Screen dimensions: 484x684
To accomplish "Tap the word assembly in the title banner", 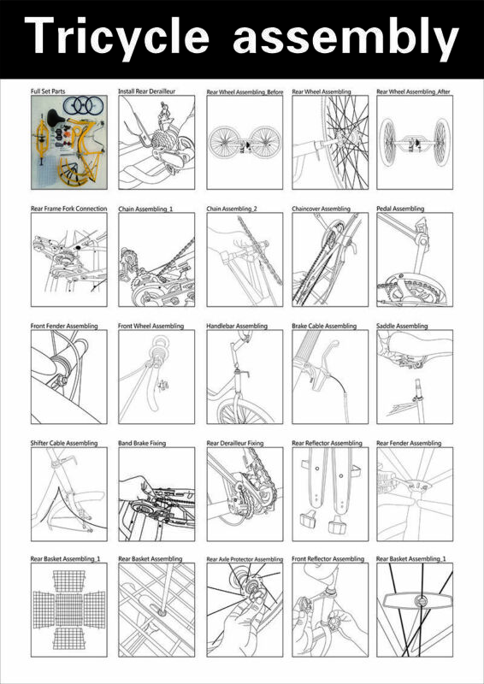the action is pyautogui.click(x=345, y=35).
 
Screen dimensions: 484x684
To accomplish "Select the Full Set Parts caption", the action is pyautogui.click(x=48, y=91).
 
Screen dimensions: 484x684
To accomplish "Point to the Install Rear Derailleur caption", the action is pyautogui.click(x=146, y=91).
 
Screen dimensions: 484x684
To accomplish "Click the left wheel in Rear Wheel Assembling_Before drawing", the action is pyautogui.click(x=225, y=142).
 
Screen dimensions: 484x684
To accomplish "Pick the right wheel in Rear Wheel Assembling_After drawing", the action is pyautogui.click(x=441, y=142).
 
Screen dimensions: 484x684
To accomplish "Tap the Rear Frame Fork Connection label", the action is pyautogui.click(x=69, y=209).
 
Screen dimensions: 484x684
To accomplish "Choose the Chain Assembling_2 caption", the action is pyautogui.click(x=232, y=209).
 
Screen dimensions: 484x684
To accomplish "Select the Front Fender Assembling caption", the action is pyautogui.click(x=64, y=326).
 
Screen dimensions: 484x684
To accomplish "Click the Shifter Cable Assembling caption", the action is pyautogui.click(x=64, y=443).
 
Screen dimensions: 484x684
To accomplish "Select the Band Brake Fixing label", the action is pyautogui.click(x=142, y=443).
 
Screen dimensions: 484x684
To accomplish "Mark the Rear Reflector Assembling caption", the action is pyautogui.click(x=327, y=443).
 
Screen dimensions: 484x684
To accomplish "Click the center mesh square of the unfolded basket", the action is pyautogui.click(x=69, y=610).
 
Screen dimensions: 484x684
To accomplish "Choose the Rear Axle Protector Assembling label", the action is pyautogui.click(x=245, y=559).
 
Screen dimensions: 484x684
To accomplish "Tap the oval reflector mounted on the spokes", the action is pyautogui.click(x=418, y=601).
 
